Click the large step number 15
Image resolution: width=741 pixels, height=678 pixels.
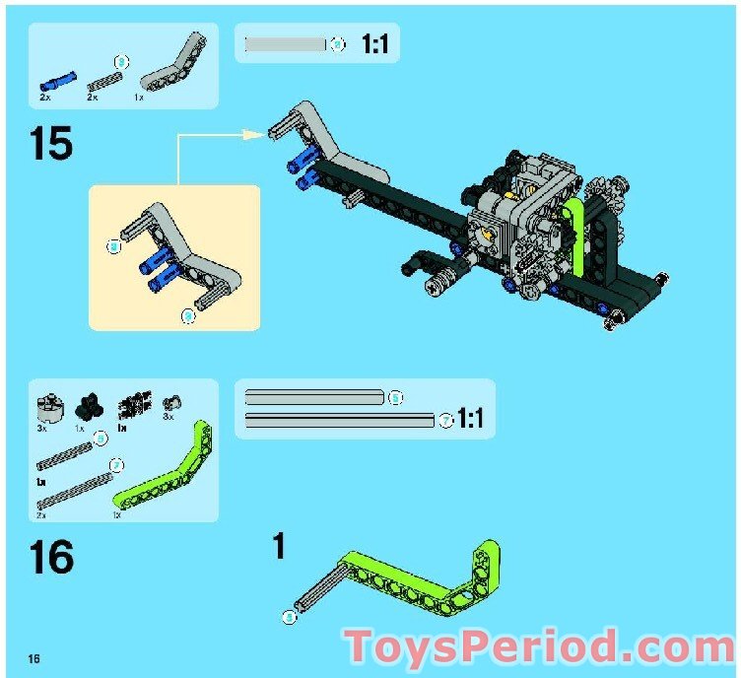coord(51,143)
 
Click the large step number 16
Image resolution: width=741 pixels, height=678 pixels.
coord(51,557)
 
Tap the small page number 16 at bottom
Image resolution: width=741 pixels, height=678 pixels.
coord(34,657)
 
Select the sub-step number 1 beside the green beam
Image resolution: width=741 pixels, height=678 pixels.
coord(279,546)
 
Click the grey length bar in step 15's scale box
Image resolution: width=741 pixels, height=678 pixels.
coord(285,44)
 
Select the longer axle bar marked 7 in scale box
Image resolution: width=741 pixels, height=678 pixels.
coord(339,421)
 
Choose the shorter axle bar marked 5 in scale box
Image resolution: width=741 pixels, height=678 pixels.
coord(313,398)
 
